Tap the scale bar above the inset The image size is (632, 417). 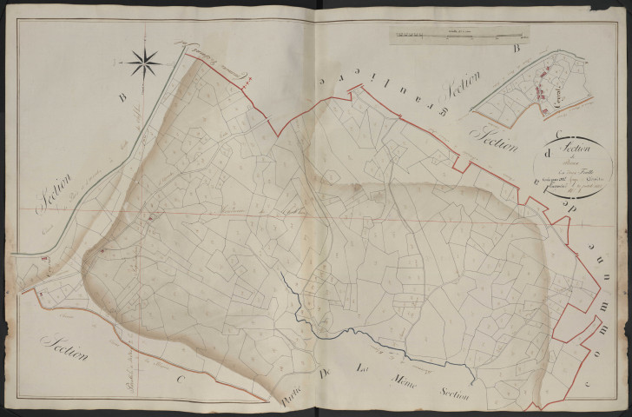coord(460,36)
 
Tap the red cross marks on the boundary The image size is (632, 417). coord(247,83)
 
